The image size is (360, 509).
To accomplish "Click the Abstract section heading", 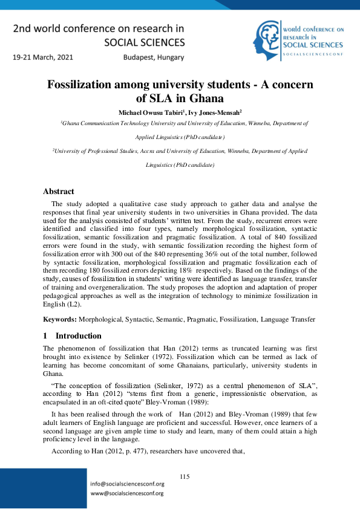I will [x=58, y=192].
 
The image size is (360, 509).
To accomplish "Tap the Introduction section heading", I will [x=79, y=336].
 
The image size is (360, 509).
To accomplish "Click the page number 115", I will [x=185, y=477].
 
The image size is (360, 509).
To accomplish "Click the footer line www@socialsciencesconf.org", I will [x=126, y=493].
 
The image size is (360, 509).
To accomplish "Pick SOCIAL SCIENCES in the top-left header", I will [x=145, y=42].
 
